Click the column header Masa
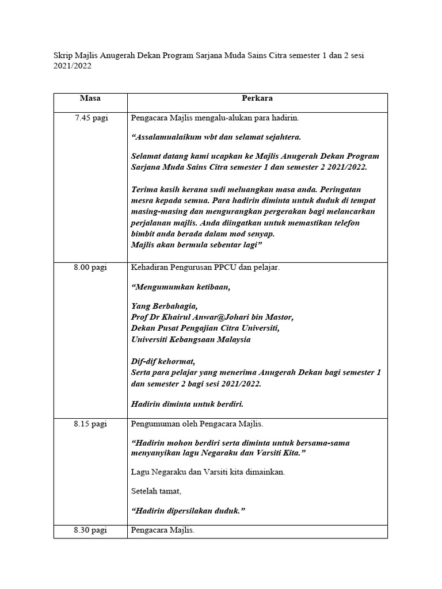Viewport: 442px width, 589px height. [90, 98]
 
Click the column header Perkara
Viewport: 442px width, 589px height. [257, 98]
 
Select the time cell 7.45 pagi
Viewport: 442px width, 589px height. [90, 118]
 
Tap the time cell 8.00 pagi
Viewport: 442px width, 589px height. [90, 267]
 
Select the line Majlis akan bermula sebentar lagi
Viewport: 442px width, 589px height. [196, 245]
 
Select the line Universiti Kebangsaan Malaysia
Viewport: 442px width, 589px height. [191, 339]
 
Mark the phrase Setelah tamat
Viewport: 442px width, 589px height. [157, 491]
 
